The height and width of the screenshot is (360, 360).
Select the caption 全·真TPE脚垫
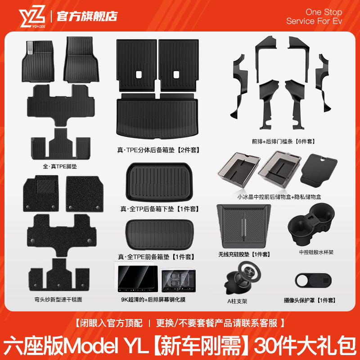point(60,166)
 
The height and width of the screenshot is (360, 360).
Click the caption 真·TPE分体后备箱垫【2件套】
point(158,150)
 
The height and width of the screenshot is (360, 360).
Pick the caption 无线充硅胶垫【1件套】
point(244,254)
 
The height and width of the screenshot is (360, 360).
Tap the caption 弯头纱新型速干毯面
point(60,299)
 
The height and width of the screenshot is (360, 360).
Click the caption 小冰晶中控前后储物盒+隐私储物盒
point(279,197)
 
